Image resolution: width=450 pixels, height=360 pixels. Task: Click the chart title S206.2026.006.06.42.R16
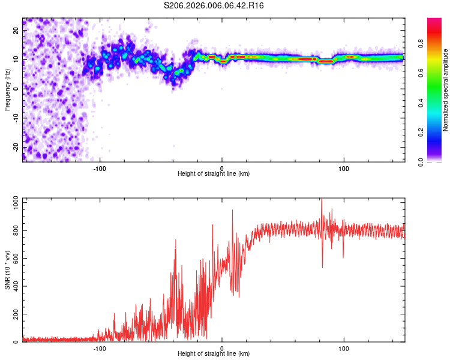214,6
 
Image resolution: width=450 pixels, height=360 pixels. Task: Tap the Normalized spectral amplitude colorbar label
446,90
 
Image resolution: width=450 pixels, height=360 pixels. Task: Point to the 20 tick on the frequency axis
16,30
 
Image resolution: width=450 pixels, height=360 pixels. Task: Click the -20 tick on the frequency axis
15,147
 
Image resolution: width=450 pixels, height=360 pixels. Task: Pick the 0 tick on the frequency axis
18,88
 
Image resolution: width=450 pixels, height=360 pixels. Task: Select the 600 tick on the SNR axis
14,259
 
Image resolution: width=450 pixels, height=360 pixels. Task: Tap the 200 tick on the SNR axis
14,314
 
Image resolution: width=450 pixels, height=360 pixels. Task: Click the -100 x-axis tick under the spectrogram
100,169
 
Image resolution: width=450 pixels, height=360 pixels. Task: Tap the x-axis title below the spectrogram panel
214,174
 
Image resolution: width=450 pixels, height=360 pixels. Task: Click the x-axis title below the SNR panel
214,354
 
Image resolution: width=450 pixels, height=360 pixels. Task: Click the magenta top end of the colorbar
434,21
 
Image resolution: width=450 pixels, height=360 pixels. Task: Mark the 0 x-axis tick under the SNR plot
222,349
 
